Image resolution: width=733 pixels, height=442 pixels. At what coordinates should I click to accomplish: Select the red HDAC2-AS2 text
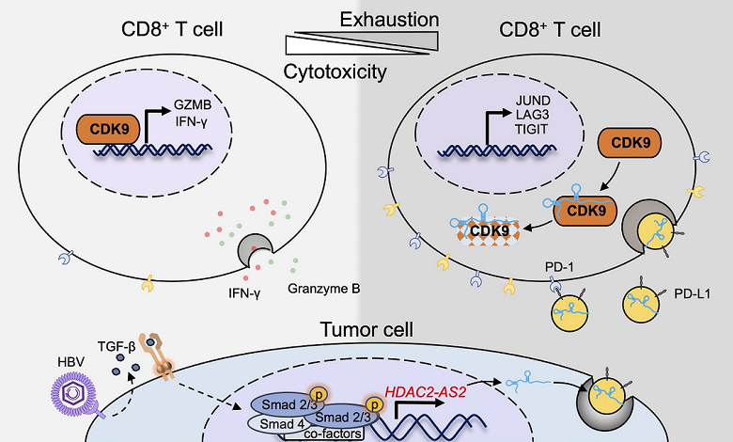click(425, 386)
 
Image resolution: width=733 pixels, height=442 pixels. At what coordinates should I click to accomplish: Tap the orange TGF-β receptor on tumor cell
click(154, 354)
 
